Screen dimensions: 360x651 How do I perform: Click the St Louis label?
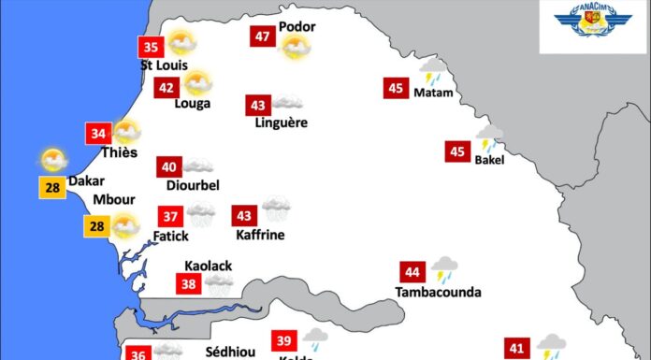164,65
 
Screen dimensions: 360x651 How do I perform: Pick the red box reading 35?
150,46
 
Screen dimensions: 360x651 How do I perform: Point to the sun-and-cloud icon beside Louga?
196,84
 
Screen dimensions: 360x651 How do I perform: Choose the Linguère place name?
281,122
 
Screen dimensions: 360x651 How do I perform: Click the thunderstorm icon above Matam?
433,72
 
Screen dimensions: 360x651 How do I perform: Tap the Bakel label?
489,160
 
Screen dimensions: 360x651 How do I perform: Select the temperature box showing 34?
97,133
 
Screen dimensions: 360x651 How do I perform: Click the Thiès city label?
119,152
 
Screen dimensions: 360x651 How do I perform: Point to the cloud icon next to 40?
197,166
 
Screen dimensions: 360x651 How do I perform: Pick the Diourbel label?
193,185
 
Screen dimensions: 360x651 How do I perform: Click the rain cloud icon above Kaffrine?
276,208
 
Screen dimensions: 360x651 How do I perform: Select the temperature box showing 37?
170,216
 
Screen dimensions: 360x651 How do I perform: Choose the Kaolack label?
208,266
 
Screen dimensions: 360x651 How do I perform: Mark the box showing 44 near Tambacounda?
412,273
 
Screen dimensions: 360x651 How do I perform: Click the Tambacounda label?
438,293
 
